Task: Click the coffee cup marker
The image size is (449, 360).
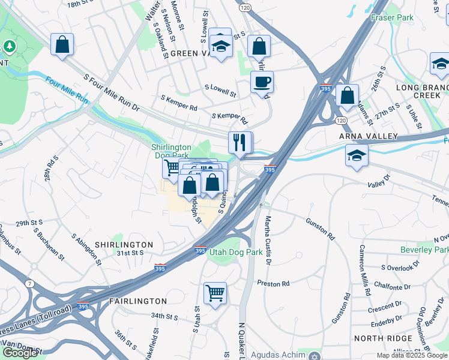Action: click(261, 82)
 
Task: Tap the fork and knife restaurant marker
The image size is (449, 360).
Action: click(240, 143)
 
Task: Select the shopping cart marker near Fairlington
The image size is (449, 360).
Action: click(215, 293)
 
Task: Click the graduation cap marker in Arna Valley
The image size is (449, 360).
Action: click(357, 155)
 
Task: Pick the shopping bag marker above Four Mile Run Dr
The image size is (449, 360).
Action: click(62, 44)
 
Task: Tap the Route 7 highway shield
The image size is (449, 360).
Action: click(29, 283)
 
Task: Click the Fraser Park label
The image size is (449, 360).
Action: click(392, 17)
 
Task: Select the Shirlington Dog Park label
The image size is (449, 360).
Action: click(170, 151)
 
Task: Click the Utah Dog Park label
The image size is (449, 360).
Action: click(235, 253)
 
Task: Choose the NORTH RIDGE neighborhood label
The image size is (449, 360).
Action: click(385, 338)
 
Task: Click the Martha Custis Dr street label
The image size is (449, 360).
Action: click(268, 239)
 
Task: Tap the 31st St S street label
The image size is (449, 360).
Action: click(130, 253)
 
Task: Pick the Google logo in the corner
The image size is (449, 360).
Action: click(20, 353)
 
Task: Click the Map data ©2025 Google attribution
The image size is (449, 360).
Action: click(412, 355)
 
